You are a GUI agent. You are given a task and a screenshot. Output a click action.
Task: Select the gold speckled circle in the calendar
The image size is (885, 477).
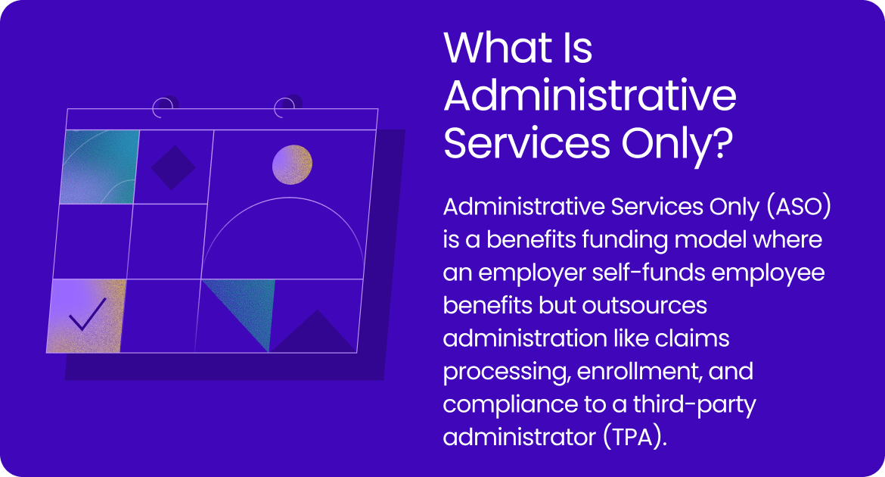(x=292, y=164)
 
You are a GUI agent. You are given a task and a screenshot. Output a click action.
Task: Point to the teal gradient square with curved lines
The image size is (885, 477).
(x=99, y=167)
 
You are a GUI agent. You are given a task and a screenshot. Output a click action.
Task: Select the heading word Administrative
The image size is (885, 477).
(x=589, y=96)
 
